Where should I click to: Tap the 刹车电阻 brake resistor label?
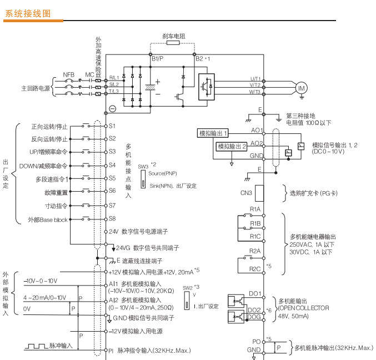pyautogui.click(x=174, y=36)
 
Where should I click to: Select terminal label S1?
pyautogui.click(x=112, y=126)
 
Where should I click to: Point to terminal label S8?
pyautogui.click(x=112, y=219)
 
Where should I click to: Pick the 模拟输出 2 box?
pyautogui.click(x=232, y=147)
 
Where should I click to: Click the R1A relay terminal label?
pyautogui.click(x=255, y=209)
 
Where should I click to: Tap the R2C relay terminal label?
pyautogui.click(x=255, y=269)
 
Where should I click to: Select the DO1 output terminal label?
pyautogui.click(x=255, y=292)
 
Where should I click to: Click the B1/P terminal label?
pyautogui.click(x=157, y=58)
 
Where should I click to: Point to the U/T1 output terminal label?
pyautogui.click(x=255, y=78)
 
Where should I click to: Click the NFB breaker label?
pyautogui.click(x=68, y=74)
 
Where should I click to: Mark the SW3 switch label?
pyautogui.click(x=143, y=166)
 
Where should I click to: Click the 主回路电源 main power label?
pyautogui.click(x=36, y=88)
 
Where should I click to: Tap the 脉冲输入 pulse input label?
pyautogui.click(x=61, y=346)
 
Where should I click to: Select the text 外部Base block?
pyautogui.click(x=48, y=219)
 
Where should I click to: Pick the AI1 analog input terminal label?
pyautogui.click(x=113, y=283)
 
